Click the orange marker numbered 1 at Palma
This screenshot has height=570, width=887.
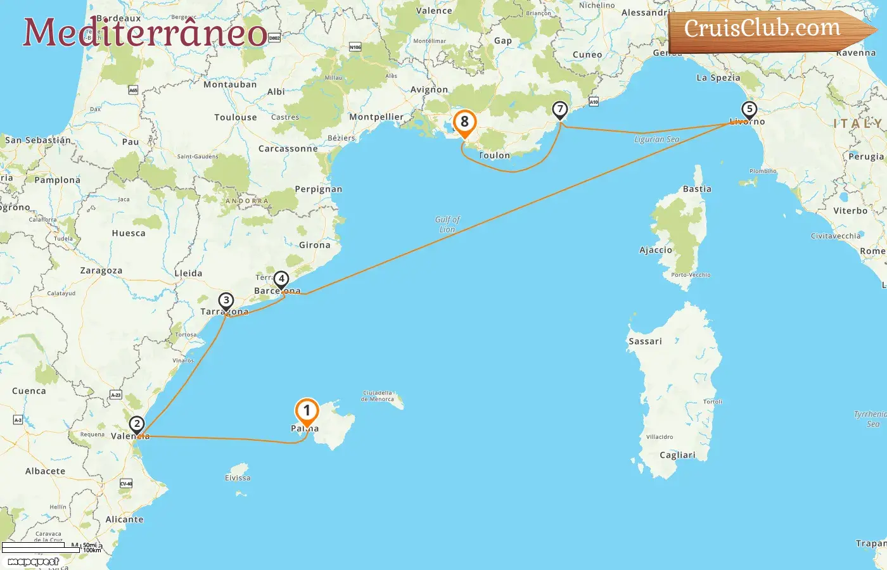coord(307,412)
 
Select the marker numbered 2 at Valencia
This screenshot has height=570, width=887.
coord(136,424)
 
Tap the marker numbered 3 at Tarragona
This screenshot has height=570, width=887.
coord(226,301)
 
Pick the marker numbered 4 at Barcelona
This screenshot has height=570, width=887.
coord(281,279)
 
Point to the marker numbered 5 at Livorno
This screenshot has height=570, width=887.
coord(749,110)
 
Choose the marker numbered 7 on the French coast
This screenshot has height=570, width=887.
coord(559,110)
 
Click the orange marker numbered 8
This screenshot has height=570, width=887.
coord(464,122)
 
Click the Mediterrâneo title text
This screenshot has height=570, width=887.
coord(145,32)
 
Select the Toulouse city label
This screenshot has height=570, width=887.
coord(236,117)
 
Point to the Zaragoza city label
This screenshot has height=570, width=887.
coord(101,270)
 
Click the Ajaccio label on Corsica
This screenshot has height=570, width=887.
coord(656,250)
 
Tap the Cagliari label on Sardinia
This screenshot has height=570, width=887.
coord(677,455)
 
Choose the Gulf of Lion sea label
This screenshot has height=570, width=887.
coord(447,224)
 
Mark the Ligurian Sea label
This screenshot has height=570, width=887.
coord(657,139)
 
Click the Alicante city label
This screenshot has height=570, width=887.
coord(125,519)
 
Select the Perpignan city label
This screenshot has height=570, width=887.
coord(318,189)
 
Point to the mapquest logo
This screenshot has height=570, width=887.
coord(34,562)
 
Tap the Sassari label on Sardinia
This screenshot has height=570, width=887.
coord(645,341)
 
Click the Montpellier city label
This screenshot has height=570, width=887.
coord(376,117)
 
